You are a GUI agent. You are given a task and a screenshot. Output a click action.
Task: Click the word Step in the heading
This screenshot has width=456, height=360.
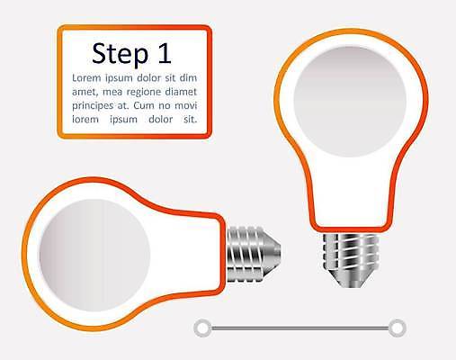(120, 54)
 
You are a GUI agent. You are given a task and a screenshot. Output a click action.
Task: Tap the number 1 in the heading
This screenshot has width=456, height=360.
(165, 53)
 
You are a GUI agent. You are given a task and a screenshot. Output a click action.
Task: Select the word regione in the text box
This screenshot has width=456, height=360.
(144, 93)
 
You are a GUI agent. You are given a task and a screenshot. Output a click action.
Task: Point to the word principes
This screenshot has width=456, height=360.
(93, 106)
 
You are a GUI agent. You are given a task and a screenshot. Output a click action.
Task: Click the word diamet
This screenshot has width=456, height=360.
(182, 92)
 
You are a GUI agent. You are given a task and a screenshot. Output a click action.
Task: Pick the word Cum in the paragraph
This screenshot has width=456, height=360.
(144, 105)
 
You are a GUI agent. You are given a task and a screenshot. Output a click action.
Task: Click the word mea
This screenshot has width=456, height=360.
(112, 93)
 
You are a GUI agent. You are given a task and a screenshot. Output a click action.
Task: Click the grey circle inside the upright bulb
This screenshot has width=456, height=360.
(350, 102)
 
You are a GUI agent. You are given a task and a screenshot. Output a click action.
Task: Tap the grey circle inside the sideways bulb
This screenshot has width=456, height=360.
(94, 256)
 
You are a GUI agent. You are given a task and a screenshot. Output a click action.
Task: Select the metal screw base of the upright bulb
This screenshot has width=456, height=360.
(351, 260)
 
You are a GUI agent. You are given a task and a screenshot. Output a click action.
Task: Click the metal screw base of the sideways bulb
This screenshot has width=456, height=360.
(254, 254)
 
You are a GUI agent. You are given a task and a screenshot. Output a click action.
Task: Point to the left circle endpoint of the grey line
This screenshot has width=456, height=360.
(203, 328)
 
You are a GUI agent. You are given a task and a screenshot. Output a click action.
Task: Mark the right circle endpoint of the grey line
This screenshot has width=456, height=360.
(398, 328)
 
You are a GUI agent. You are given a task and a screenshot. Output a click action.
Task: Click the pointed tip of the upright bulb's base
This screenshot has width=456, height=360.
(351, 287)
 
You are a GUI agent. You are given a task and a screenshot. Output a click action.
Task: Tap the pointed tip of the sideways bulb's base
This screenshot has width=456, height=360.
(280, 254)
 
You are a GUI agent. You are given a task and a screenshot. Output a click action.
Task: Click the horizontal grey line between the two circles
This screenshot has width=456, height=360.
(300, 328)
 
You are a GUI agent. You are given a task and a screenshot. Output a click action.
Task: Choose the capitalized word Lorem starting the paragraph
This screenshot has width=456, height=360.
(86, 78)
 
